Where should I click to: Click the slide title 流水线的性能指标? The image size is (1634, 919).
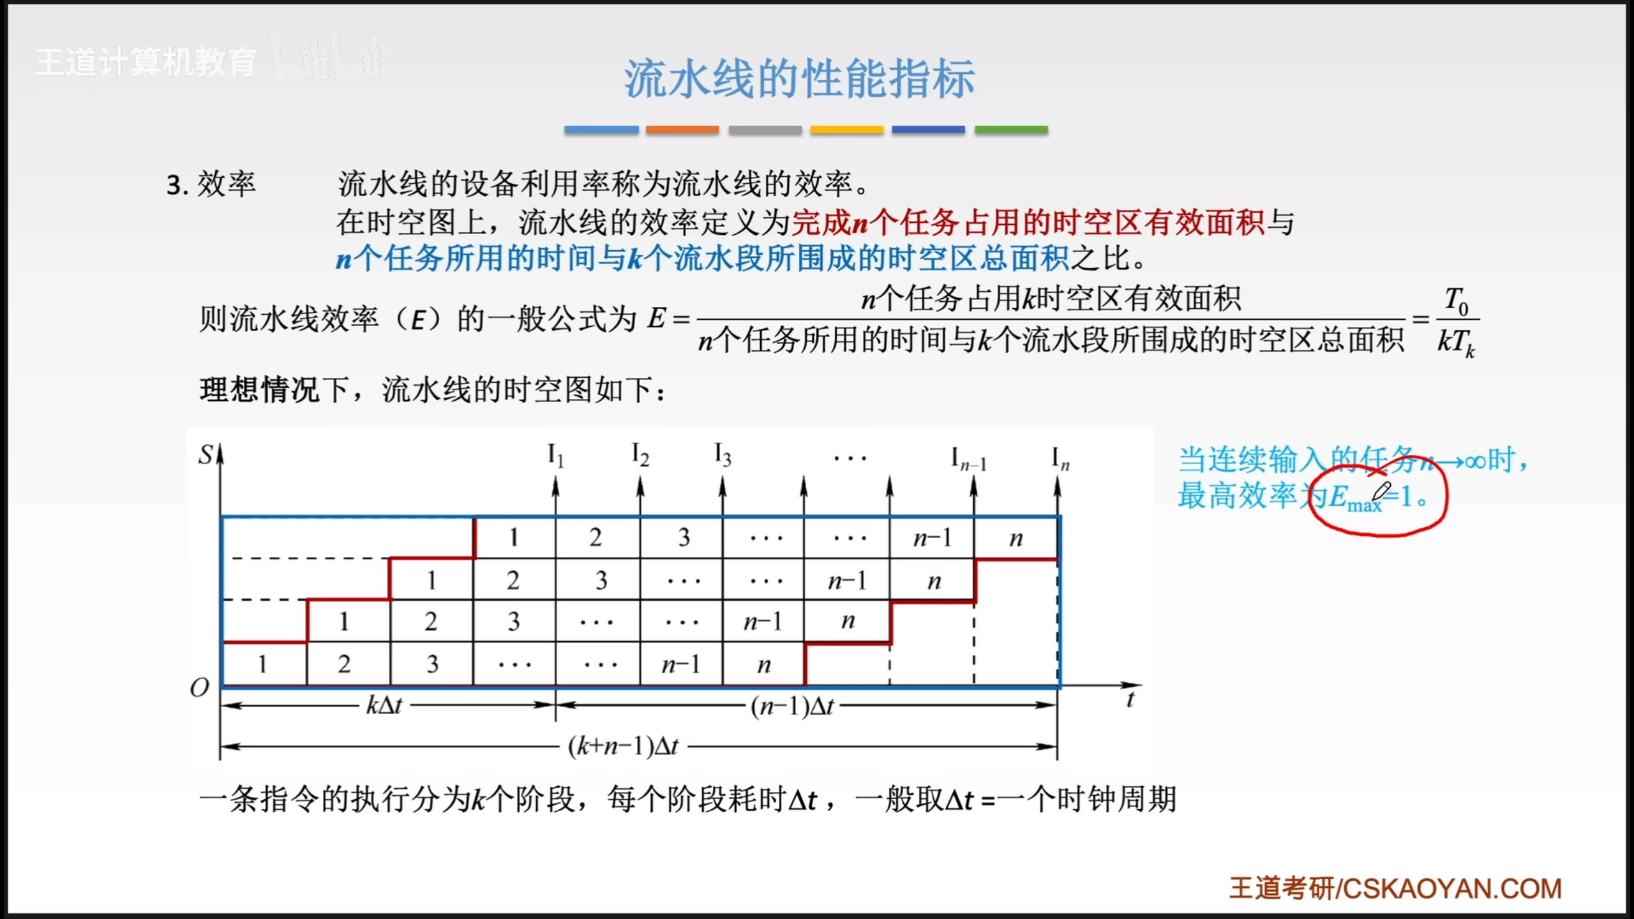[x=799, y=78]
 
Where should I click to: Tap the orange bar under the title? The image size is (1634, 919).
[x=682, y=130]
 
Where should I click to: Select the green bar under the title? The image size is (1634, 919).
[x=1011, y=130]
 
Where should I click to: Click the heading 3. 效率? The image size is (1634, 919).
[x=211, y=184]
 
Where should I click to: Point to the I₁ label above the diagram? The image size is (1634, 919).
[x=555, y=456]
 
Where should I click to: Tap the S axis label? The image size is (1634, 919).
[x=206, y=455]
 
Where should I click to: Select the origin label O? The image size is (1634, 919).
[x=200, y=687]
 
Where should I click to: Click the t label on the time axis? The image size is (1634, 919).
[x=1130, y=699]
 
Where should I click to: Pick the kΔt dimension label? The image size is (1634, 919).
[x=384, y=705]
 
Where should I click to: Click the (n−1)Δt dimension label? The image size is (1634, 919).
[x=792, y=706]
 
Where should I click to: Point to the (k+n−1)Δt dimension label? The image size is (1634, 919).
[x=624, y=746]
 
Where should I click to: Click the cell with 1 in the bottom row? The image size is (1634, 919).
[x=264, y=664]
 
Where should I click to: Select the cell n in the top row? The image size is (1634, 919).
[x=1016, y=538]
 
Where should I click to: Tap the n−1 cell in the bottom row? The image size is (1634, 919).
[x=681, y=664]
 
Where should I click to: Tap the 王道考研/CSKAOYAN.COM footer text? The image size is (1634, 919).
[x=1395, y=888]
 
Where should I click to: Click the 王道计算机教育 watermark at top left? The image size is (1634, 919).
[x=146, y=62]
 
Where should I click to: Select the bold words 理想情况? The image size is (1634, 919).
[x=259, y=389]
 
